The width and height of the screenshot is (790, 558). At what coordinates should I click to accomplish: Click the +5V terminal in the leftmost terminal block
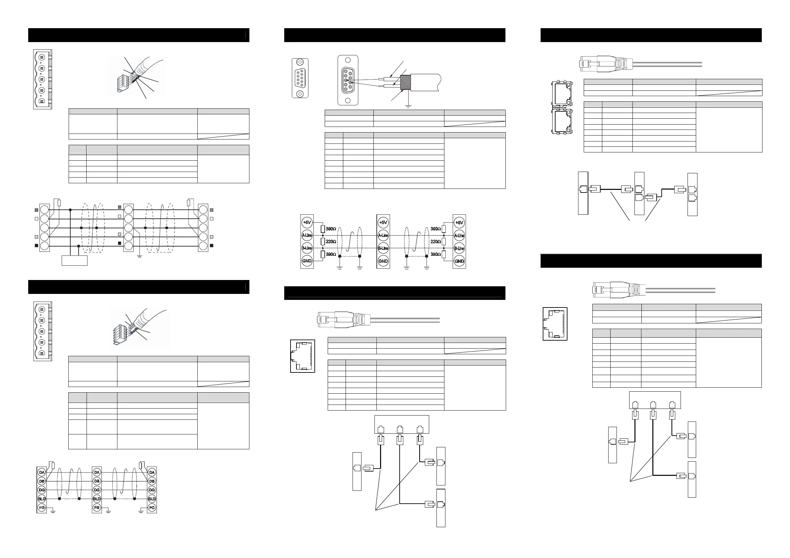pyautogui.click(x=306, y=222)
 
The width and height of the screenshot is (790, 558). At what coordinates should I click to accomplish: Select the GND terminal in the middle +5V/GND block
pyautogui.click(x=383, y=261)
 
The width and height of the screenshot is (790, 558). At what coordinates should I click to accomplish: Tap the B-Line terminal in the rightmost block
pyautogui.click(x=459, y=248)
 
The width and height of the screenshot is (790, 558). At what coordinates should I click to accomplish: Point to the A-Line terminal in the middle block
pyautogui.click(x=383, y=236)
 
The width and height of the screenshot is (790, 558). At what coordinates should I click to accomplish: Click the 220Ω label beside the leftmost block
pyautogui.click(x=331, y=242)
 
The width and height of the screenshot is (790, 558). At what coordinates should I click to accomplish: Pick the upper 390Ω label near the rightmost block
pyautogui.click(x=435, y=229)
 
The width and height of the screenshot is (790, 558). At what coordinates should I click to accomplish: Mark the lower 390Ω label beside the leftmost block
pyautogui.click(x=331, y=254)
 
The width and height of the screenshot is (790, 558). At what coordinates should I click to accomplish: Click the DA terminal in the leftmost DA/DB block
pyautogui.click(x=42, y=473)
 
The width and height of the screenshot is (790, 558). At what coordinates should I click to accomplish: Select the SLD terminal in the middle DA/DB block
pyautogui.click(x=97, y=499)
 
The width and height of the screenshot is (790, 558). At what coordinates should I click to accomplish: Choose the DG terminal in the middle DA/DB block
pyautogui.click(x=97, y=490)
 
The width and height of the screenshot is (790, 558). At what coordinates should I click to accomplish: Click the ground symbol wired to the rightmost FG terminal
pyautogui.click(x=141, y=512)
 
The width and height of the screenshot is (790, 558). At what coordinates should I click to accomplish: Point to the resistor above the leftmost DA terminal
pyautogui.click(x=53, y=466)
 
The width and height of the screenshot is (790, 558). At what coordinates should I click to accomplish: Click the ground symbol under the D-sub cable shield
pyautogui.click(x=408, y=106)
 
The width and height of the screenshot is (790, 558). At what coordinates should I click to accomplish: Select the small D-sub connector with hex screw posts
pyautogui.click(x=300, y=78)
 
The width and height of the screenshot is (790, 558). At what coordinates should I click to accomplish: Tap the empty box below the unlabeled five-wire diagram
pyautogui.click(x=74, y=260)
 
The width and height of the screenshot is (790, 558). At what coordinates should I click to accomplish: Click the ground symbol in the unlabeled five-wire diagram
pyautogui.click(x=139, y=256)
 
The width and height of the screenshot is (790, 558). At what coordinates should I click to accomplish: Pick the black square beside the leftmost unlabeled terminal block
pyautogui.click(x=36, y=246)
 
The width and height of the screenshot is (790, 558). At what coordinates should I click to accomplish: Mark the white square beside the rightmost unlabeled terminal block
pyautogui.click(x=212, y=219)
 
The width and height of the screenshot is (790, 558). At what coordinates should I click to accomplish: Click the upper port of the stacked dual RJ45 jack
pyautogui.click(x=561, y=93)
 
